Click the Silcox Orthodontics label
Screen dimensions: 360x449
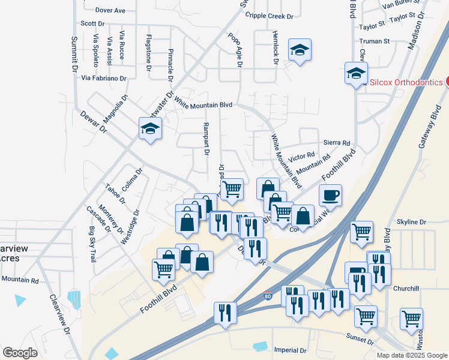[x=406, y=82]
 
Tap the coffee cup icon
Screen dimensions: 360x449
[x=330, y=194]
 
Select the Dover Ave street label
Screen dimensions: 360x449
[x=110, y=11]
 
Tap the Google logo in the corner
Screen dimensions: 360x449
[x=20, y=353]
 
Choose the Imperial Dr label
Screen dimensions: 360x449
[x=290, y=350]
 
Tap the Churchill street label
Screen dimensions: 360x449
[x=406, y=289]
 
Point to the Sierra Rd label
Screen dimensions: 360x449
[x=336, y=143]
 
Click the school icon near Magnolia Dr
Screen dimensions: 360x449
[x=150, y=128]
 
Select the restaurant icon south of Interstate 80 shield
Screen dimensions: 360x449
[x=225, y=313]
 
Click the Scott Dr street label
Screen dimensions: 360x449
[x=92, y=23]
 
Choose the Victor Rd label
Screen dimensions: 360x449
[x=301, y=158]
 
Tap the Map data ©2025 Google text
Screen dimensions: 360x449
[x=411, y=355]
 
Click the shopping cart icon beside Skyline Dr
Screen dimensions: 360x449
[x=361, y=231]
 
